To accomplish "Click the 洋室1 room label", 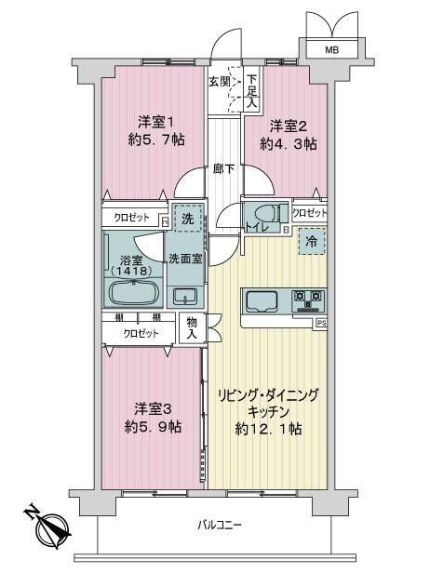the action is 156,123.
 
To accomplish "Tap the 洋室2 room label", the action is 289,127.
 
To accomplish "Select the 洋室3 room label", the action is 153,409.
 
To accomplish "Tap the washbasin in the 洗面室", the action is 185,296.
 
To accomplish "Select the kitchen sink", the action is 263,301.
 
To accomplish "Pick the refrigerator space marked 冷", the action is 312,241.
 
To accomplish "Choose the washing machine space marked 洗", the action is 188,219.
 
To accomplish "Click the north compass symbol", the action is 47,524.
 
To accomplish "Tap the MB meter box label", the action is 332,49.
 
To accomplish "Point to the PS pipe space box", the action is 321,323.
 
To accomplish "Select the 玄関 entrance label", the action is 220,82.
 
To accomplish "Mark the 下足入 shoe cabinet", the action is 251,90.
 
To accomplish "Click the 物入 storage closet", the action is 193,327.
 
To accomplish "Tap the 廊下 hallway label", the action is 224,169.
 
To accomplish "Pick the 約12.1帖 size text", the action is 268,429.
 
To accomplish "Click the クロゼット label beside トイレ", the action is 310,213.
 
